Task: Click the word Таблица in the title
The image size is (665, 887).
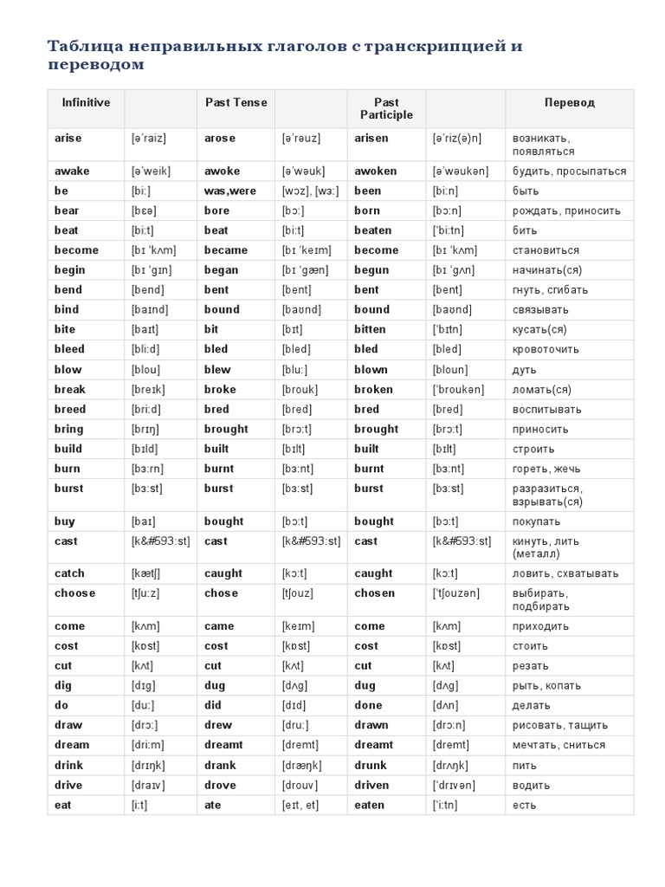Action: pyautogui.click(x=82, y=46)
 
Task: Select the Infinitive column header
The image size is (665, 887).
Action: pyautogui.click(x=86, y=102)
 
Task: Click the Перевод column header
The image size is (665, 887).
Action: pyautogui.click(x=569, y=102)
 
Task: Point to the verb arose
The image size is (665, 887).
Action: pyautogui.click(x=220, y=139)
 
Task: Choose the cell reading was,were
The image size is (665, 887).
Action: pyautogui.click(x=230, y=191)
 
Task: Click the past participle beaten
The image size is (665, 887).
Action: pyautogui.click(x=372, y=230)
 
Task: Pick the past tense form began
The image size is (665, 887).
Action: pyautogui.click(x=223, y=270)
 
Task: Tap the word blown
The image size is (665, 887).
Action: pyautogui.click(x=371, y=369)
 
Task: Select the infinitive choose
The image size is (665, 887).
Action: pyautogui.click(x=74, y=593)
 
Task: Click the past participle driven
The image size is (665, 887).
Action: pyautogui.click(x=373, y=785)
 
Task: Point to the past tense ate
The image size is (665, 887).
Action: pyautogui.click(x=212, y=805)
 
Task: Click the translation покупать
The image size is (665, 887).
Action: pyautogui.click(x=536, y=521)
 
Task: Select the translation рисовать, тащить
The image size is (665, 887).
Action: pyautogui.click(x=559, y=725)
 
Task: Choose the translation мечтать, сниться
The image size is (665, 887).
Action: pyautogui.click(x=558, y=745)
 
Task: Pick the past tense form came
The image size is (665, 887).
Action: pyautogui.click(x=219, y=626)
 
